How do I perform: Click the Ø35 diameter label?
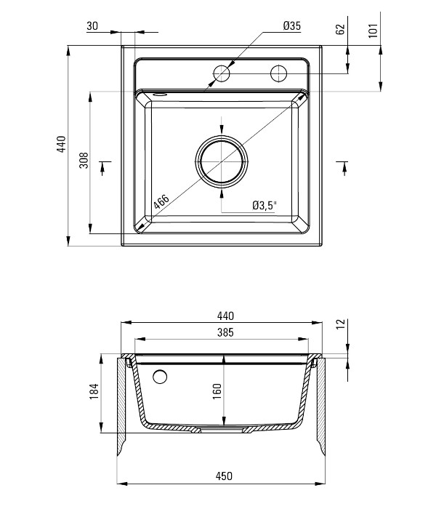[x=292, y=25]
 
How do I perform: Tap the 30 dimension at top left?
[x=92, y=25]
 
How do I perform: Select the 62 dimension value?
[x=340, y=29]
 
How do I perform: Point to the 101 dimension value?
[x=373, y=30]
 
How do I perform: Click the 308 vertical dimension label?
[x=84, y=160]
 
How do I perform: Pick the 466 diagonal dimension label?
[x=161, y=202]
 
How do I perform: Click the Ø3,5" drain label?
[x=265, y=205]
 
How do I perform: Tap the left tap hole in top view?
[x=221, y=73]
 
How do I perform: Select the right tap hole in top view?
[x=278, y=73]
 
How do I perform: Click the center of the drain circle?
[x=222, y=161]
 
